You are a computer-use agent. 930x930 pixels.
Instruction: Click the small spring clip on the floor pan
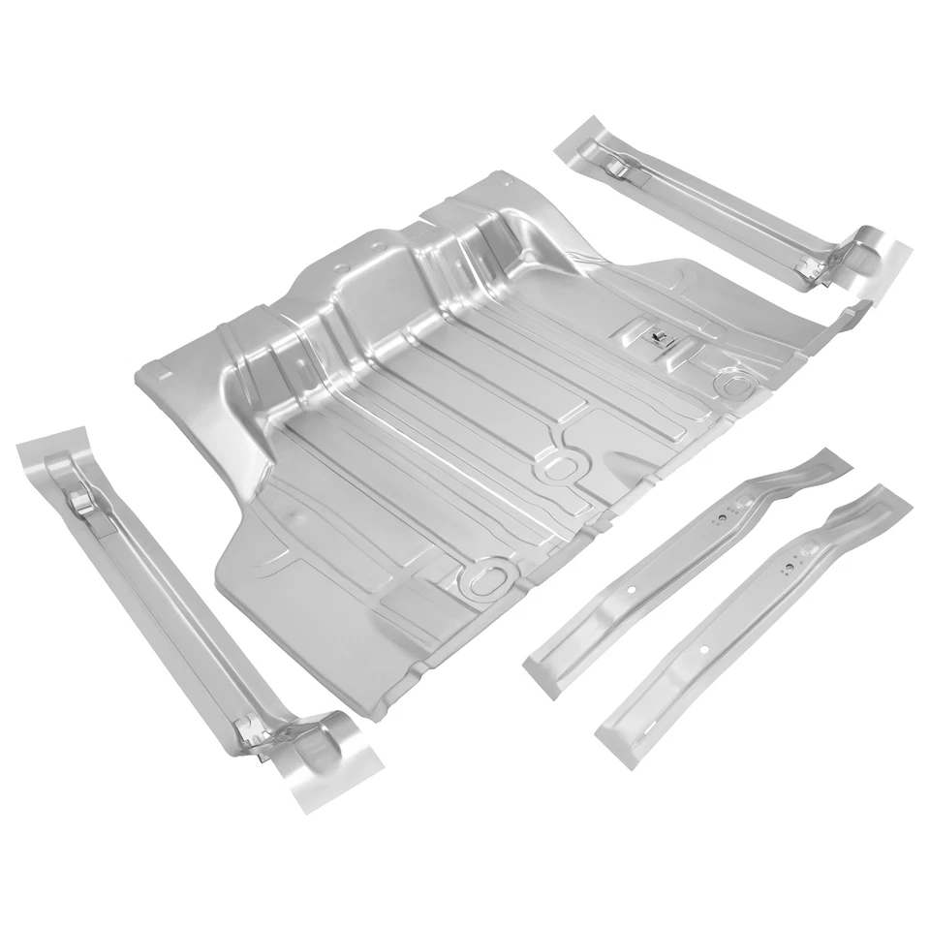click(x=657, y=335)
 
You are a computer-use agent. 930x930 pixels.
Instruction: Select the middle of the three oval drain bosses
click(x=558, y=467)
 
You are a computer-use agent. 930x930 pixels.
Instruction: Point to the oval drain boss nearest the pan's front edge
click(x=481, y=579)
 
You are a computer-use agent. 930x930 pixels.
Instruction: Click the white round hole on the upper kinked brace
click(x=632, y=589)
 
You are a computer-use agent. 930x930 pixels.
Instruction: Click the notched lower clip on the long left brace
click(x=254, y=733)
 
